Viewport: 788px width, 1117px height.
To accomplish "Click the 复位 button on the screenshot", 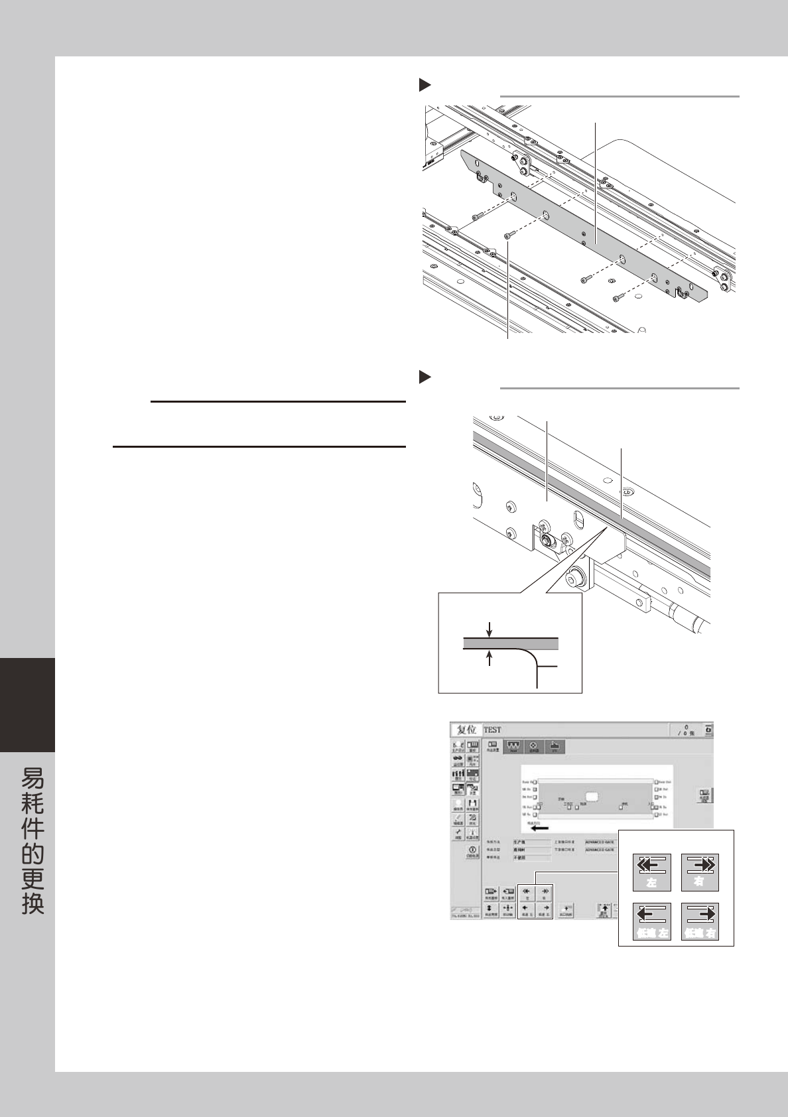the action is (x=466, y=730).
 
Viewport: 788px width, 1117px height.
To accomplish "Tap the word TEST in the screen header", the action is (x=493, y=730).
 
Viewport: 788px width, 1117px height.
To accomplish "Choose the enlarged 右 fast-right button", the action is (x=700, y=872).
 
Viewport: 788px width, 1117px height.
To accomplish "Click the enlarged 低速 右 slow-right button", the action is (x=700, y=921).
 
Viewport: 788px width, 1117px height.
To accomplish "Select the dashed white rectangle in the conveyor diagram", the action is (x=593, y=795).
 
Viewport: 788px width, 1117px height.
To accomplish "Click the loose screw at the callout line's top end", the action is (x=509, y=235).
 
